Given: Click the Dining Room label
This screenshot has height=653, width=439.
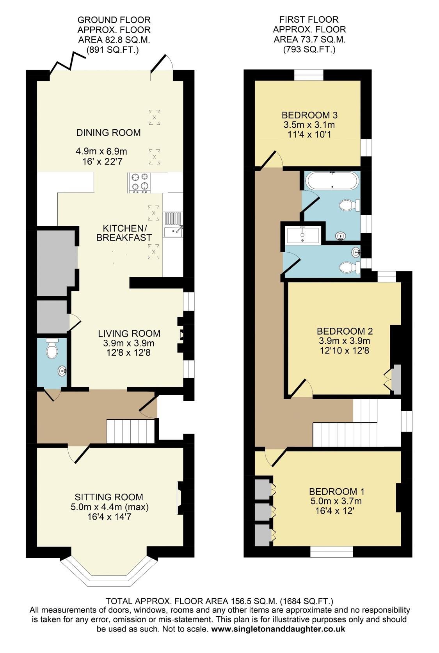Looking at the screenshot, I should pyautogui.click(x=108, y=132).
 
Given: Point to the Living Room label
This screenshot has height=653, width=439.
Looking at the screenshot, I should pyautogui.click(x=129, y=333).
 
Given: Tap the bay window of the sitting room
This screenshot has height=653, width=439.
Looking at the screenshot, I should pyautogui.click(x=109, y=573).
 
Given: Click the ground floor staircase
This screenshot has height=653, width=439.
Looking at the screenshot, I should pyautogui.click(x=131, y=431).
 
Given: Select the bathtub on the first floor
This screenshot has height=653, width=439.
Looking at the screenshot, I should pyautogui.click(x=332, y=180).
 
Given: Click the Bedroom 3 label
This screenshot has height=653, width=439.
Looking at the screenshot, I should pyautogui.click(x=309, y=115).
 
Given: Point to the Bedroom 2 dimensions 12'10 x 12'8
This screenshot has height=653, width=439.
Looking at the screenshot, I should pyautogui.click(x=344, y=350).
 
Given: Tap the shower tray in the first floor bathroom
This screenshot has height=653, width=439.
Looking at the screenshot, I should pyautogui.click(x=303, y=234).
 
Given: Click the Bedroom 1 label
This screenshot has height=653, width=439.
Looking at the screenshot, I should pyautogui.click(x=336, y=491).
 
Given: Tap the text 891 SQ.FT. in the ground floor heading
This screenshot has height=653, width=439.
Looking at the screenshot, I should pyautogui.click(x=112, y=50).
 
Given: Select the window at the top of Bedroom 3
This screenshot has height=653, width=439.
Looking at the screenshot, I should pyautogui.click(x=309, y=75).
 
